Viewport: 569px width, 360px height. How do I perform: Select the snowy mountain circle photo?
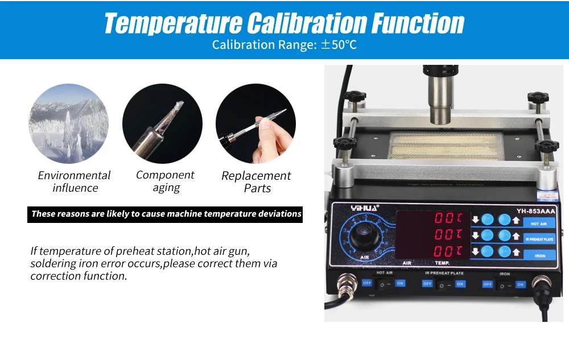69,123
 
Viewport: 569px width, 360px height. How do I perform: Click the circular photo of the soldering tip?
162,123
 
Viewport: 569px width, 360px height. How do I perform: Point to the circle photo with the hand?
255,123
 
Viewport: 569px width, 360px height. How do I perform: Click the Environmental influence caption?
75,181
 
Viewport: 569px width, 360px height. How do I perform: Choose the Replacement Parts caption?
257,182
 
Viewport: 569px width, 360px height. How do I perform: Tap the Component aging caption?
166,181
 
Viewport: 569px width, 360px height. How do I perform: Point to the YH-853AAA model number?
535,212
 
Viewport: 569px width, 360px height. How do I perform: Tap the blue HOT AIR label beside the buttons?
538,224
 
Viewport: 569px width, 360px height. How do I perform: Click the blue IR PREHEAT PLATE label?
538,239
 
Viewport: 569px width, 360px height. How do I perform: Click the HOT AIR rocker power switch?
385,283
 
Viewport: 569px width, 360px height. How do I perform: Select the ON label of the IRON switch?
521,283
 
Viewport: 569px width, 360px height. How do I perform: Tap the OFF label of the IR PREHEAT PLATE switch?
427,283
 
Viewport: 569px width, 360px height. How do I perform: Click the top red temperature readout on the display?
449,218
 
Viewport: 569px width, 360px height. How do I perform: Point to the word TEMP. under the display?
442,263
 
